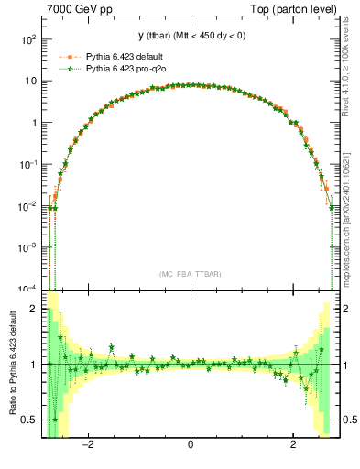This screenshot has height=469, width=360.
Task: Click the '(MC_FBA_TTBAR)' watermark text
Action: point(190,274)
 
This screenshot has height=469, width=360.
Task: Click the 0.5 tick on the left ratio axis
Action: point(28,420)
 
